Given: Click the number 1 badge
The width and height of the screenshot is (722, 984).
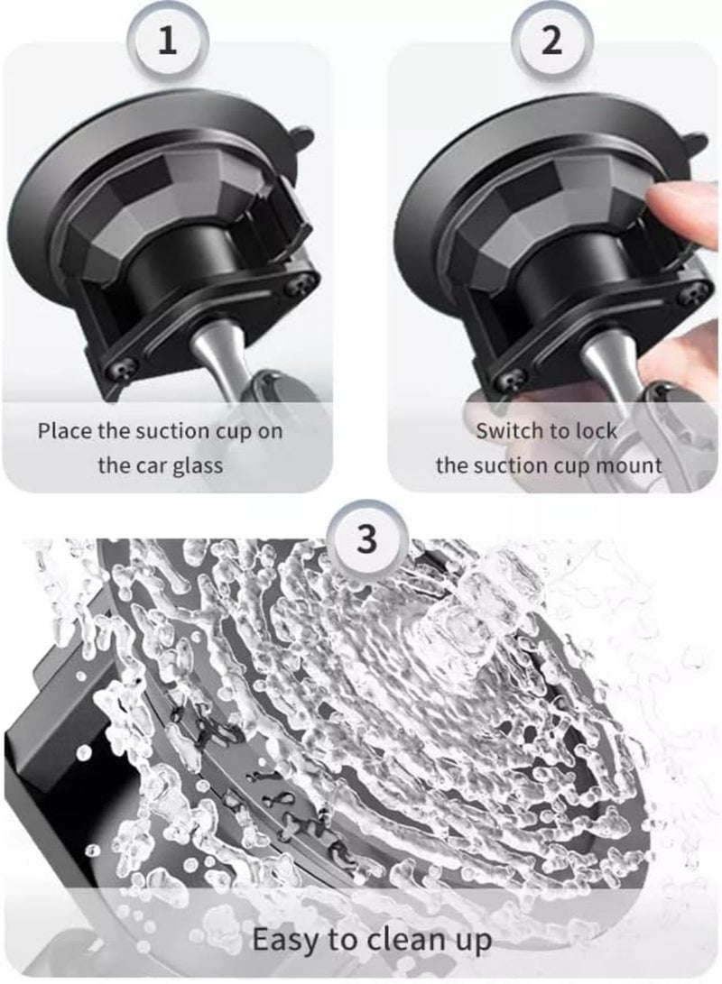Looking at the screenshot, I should click(167, 42).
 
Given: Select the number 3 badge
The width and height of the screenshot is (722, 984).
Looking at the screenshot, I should click(366, 541).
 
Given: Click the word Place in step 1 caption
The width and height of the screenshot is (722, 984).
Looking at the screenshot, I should click(64, 430).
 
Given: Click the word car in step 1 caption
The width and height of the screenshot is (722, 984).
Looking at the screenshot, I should click(151, 465).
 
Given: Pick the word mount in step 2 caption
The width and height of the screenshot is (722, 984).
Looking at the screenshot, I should click(634, 465).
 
